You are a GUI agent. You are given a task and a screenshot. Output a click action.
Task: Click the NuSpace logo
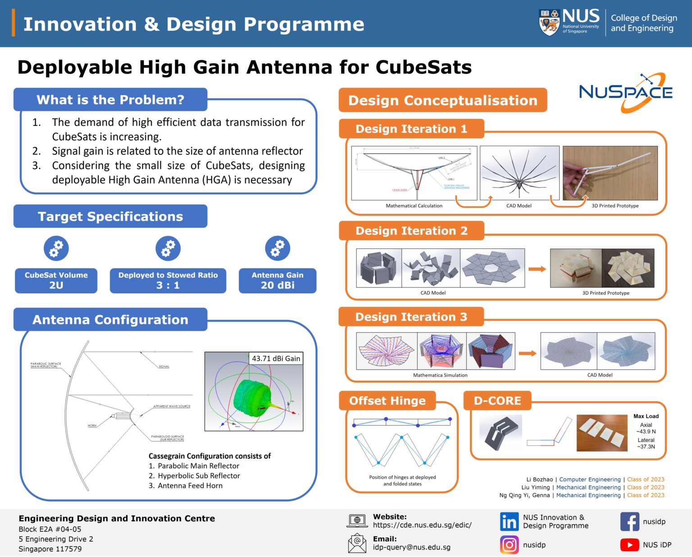tap(625, 92)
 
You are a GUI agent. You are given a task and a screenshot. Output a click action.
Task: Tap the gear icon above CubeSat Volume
tap(56, 248)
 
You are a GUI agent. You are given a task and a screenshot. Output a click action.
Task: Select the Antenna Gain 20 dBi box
tap(278, 280)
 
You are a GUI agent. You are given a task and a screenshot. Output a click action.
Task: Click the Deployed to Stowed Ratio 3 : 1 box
tap(168, 280)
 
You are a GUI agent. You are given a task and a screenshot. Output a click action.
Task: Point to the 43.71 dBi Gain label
tap(276, 358)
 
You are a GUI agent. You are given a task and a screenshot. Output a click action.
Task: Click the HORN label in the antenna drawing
tap(92, 425)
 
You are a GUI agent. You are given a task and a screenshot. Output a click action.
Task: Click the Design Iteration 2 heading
tap(411, 231)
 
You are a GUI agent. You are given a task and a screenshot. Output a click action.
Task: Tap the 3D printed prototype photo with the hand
tap(610, 173)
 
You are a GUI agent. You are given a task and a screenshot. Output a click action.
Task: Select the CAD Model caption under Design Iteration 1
tap(519, 205)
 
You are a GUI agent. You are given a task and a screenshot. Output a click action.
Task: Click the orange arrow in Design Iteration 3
tap(528, 353)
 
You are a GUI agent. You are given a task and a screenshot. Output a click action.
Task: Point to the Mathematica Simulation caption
tap(440, 375)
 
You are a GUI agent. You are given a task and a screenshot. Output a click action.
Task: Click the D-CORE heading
tap(497, 401)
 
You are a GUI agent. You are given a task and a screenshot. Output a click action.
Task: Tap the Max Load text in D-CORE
tap(646, 416)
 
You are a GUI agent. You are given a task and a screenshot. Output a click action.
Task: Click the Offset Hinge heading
tap(387, 401)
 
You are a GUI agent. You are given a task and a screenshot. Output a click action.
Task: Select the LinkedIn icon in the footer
tap(509, 521)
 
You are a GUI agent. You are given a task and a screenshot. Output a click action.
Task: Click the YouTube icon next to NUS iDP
tap(629, 545)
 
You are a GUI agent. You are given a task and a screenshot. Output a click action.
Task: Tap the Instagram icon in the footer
tap(509, 545)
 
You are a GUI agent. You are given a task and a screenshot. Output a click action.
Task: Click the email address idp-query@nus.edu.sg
tap(411, 547)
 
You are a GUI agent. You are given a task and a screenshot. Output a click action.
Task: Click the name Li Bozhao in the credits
tap(539, 479)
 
